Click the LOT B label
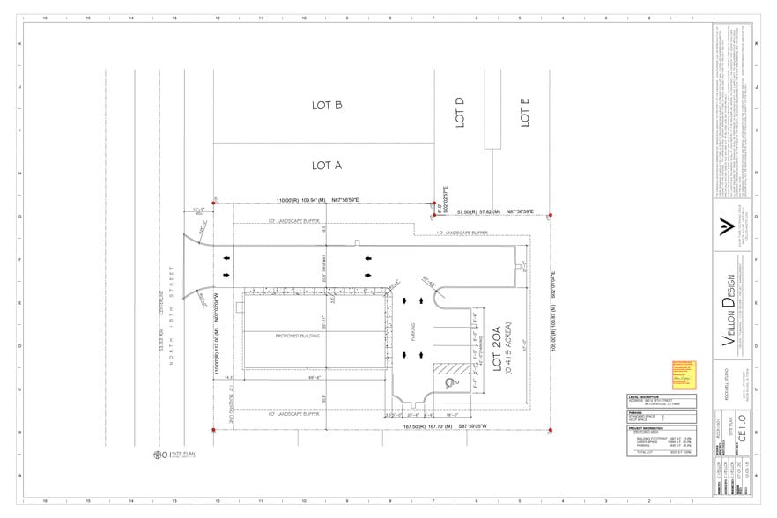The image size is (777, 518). tap(326, 105)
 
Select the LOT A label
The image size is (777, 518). tap(326, 165)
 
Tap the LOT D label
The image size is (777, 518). tap(460, 113)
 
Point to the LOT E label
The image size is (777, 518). tap(524, 114)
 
